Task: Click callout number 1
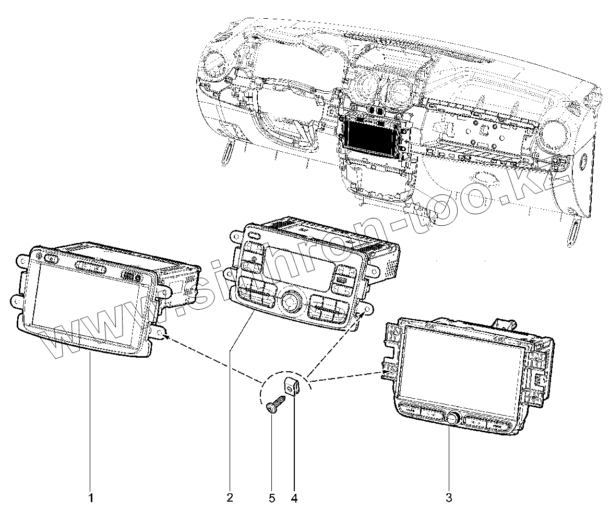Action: pos(91,497)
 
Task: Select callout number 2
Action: pos(230,497)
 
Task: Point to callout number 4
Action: pos(294,497)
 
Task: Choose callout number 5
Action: pos(272,497)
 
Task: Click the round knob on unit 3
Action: pos(452,417)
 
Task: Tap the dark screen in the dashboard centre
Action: pos(372,137)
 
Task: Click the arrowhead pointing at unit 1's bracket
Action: pos(166,336)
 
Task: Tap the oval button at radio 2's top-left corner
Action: pos(255,236)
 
